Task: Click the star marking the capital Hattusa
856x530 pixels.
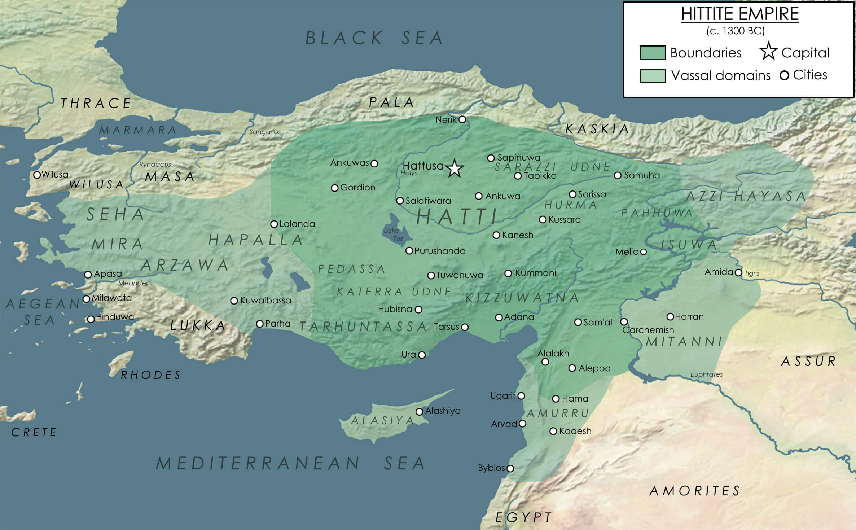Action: coord(455,168)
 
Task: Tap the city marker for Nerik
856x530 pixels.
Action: coord(462,119)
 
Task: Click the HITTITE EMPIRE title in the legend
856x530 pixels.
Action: coord(739,14)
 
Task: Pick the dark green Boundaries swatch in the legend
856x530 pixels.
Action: coord(652,53)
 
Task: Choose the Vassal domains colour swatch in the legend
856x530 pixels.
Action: coord(652,76)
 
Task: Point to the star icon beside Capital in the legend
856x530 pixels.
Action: coord(768,51)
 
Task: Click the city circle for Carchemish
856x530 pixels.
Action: coord(624,321)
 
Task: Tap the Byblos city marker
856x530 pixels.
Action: coord(510,468)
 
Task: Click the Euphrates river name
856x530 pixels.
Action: coord(706,374)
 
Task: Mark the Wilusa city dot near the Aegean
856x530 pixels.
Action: coord(37,175)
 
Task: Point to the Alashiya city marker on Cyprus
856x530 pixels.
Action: coord(419,412)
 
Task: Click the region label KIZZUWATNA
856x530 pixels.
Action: coord(522,298)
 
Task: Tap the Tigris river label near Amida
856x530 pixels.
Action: coord(752,273)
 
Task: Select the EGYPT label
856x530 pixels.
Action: coord(523,517)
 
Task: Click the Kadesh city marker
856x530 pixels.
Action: coord(553,431)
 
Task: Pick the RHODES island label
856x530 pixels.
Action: coord(151,375)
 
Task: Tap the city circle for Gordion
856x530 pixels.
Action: coord(334,188)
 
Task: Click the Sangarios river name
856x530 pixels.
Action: coord(265,132)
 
